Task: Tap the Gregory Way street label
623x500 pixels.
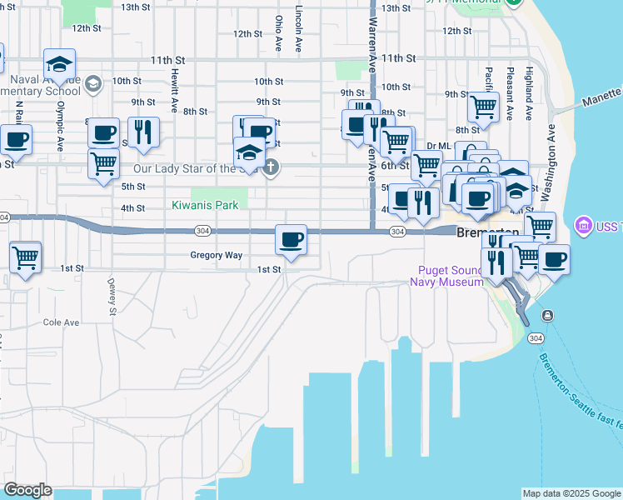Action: [x=216, y=255]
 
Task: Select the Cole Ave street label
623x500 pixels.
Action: [x=61, y=322]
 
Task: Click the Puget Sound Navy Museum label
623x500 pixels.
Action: [x=446, y=276]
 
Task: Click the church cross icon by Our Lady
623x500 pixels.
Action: [x=270, y=168]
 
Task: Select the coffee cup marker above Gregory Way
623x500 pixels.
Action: [x=292, y=240]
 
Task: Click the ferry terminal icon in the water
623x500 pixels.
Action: [x=547, y=315]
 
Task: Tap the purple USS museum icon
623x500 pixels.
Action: [x=582, y=225]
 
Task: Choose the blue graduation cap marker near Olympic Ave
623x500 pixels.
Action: [x=59, y=64]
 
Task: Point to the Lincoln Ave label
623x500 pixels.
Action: [x=298, y=32]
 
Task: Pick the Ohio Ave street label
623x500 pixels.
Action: [x=279, y=33]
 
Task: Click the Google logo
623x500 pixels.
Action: [x=27, y=490]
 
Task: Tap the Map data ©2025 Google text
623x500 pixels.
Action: [x=571, y=493]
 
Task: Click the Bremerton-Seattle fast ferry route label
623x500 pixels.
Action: [x=581, y=392]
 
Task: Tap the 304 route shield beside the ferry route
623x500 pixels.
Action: [x=537, y=337]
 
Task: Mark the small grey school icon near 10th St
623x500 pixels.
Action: [x=93, y=82]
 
